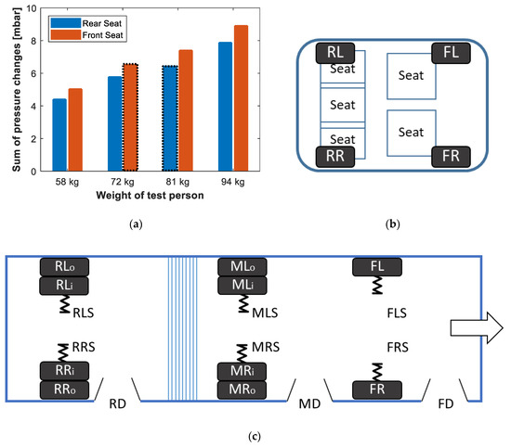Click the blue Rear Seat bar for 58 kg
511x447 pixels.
click(x=59, y=134)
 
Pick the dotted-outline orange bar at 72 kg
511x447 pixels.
click(x=130, y=117)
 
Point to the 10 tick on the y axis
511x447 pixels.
click(x=33, y=8)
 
